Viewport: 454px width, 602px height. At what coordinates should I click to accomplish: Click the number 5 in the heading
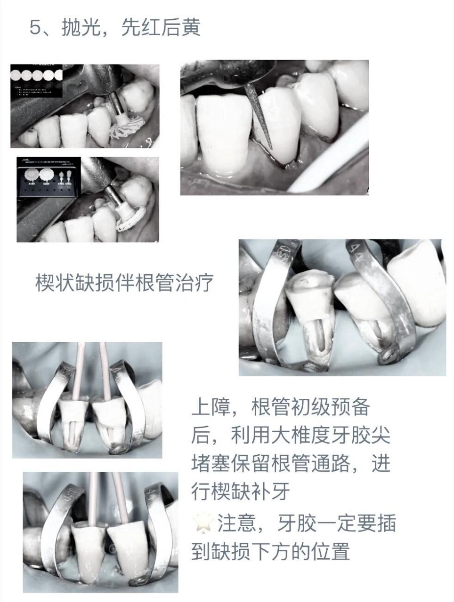click(x=35, y=27)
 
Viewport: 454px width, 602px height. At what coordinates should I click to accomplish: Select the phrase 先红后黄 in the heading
click(x=161, y=27)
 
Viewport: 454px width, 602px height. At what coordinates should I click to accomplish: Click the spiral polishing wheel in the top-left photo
click(x=126, y=127)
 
